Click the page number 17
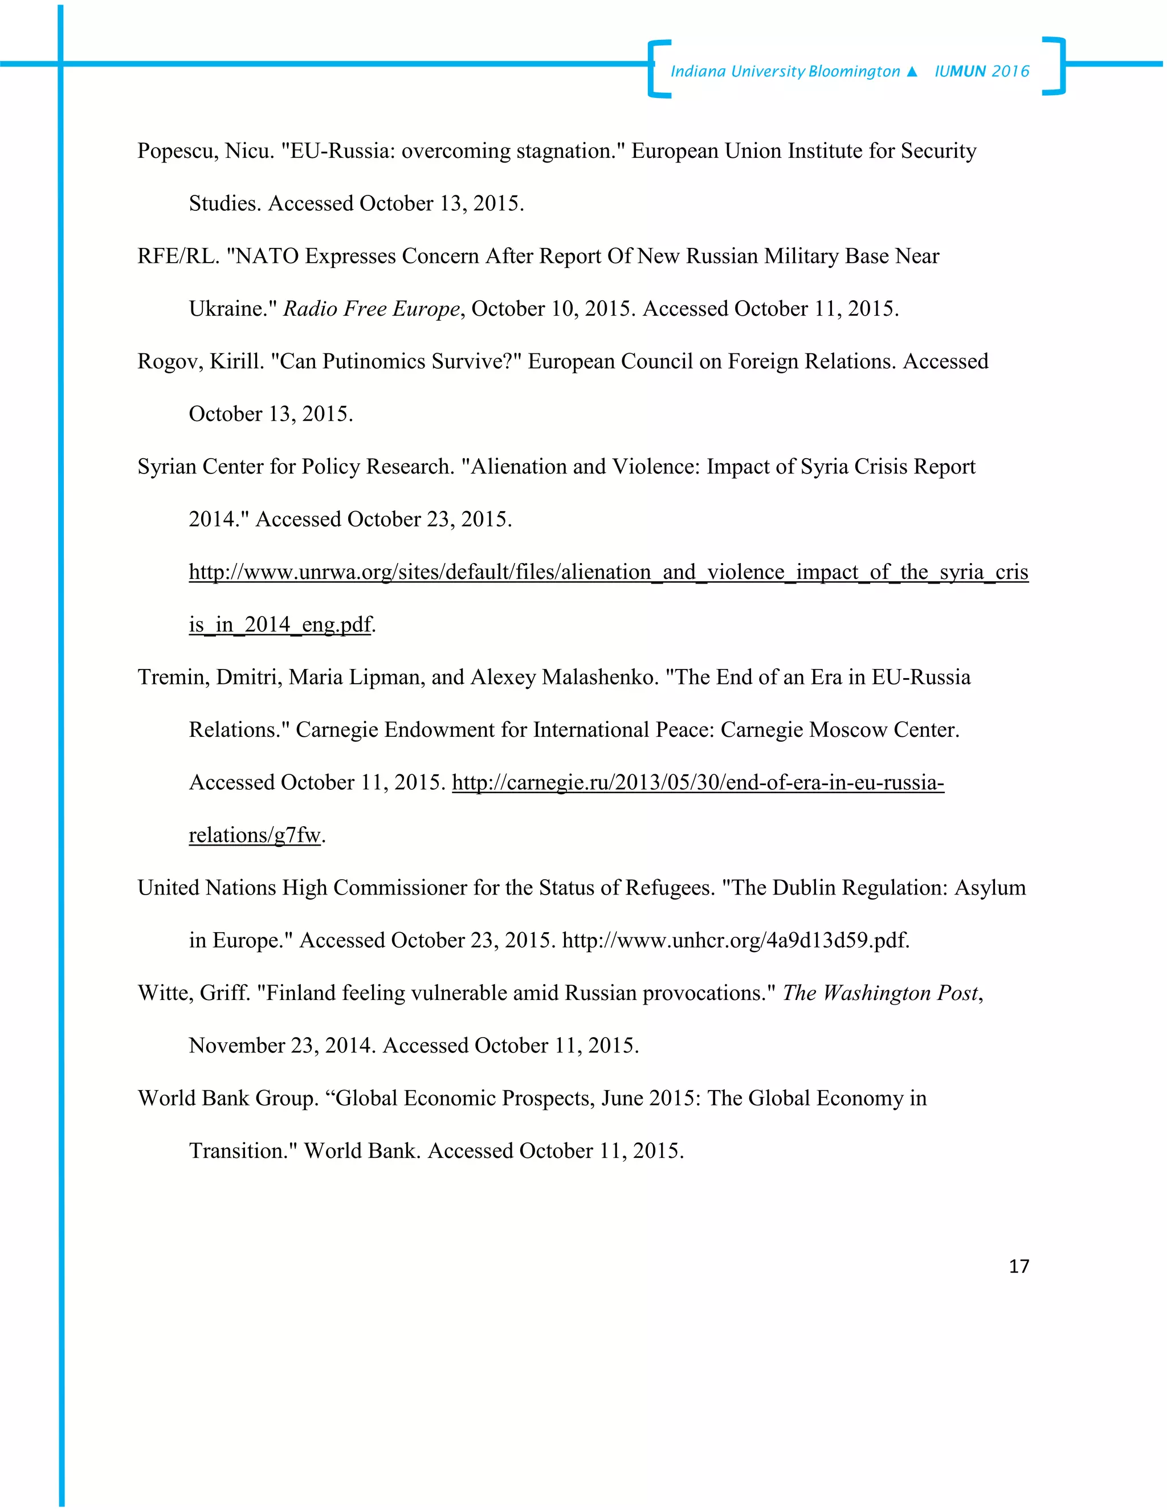1018,1266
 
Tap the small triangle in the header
911,72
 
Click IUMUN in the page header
960,71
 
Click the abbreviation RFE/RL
178,256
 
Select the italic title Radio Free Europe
372,309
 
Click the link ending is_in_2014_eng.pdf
280,625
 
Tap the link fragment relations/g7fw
254,836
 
